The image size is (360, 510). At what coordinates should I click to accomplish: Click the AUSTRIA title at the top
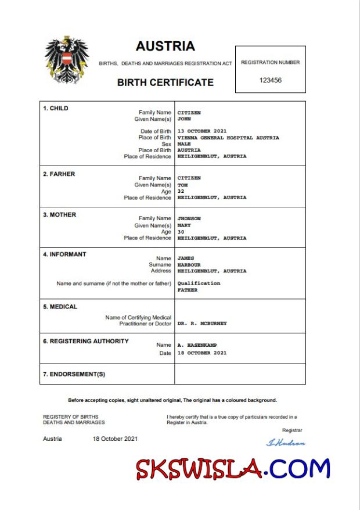point(165,46)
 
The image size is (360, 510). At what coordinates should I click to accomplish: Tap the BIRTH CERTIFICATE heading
point(165,82)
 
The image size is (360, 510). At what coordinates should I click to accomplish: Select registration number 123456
point(270,80)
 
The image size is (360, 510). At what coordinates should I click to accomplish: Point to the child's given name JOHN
point(184,118)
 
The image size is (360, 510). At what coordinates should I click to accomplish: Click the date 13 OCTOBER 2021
point(202,131)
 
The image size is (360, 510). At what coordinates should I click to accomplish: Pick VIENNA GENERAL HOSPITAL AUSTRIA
point(228,138)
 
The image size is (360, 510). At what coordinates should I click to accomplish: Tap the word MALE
point(184,143)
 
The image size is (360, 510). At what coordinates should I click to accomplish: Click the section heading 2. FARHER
point(59,174)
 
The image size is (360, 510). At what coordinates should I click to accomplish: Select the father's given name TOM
point(182,185)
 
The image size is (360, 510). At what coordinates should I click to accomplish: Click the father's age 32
point(181,191)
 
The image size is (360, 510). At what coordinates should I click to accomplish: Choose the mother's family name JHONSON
point(189,218)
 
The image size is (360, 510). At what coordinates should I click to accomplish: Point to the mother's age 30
point(181,231)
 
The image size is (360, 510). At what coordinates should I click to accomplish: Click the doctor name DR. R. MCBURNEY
point(202,324)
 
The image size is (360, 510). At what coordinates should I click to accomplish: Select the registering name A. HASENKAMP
point(197,345)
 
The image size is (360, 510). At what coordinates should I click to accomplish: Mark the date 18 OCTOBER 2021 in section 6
point(202,353)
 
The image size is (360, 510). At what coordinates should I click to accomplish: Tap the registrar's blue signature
point(285,443)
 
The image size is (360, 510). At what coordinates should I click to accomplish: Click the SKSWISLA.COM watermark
point(233,469)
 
